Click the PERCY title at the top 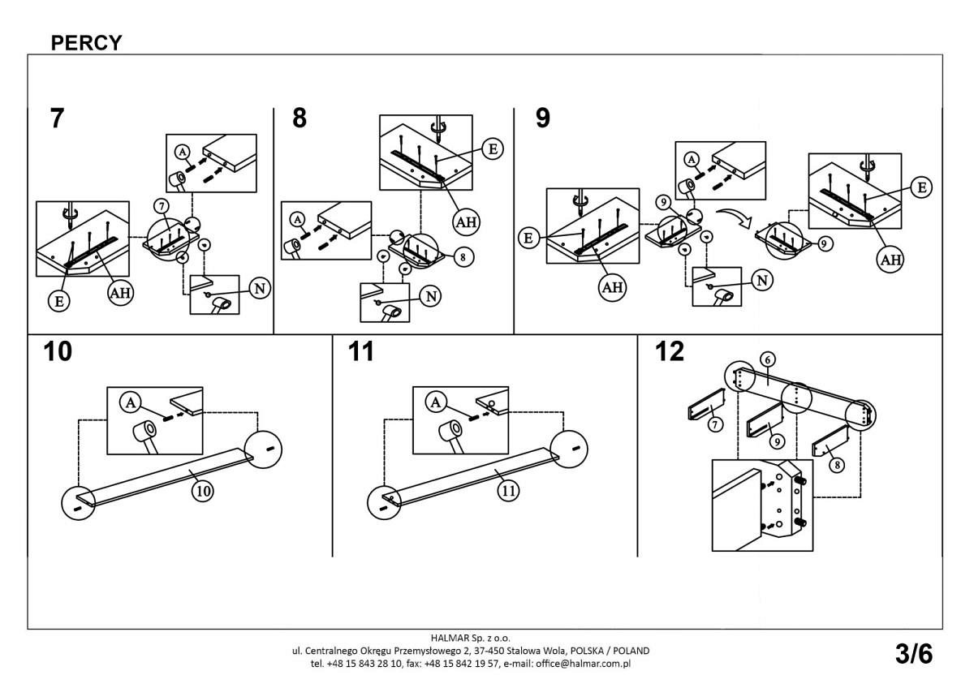tap(86, 43)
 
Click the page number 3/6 tap(914, 653)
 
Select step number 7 tap(56, 118)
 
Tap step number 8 tap(300, 118)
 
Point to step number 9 tap(543, 118)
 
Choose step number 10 tap(58, 352)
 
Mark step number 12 tap(670, 352)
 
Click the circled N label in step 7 tap(260, 288)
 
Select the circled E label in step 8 tap(491, 148)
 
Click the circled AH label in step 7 tap(120, 293)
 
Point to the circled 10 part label tap(204, 490)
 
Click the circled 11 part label tap(509, 490)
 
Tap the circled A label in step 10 tap(130, 401)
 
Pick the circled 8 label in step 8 tap(461, 257)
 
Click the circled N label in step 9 tap(762, 281)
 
